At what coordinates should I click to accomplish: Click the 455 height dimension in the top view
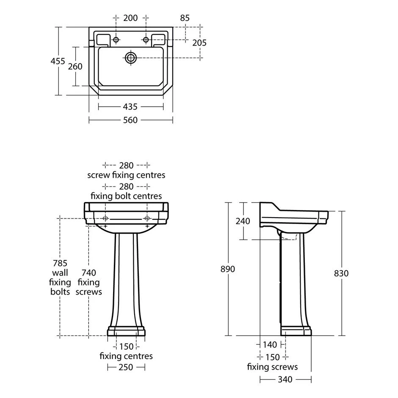pos(58,61)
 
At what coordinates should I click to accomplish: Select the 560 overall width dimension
pos(130,120)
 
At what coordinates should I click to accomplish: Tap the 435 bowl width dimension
pos(130,107)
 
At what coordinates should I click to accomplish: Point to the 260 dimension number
pos(75,66)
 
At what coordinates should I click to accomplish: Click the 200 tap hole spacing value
pos(130,18)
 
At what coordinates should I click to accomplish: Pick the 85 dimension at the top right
pos(185,18)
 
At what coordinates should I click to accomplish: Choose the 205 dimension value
pos(199,43)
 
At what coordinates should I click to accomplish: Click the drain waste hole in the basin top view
pos(131,58)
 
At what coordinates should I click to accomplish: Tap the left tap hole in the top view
pos(116,40)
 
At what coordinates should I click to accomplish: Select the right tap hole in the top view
pos(146,40)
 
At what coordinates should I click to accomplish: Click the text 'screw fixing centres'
pos(126,175)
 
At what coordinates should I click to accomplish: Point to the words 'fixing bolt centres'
pos(126,196)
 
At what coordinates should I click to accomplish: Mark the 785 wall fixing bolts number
pos(60,263)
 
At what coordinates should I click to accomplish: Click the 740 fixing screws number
pos(88,273)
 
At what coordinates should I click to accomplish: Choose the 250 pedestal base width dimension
pos(126,367)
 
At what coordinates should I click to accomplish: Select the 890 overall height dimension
pos(228,269)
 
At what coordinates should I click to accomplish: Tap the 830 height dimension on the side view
pos(341,274)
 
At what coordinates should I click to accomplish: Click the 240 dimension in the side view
pos(243,221)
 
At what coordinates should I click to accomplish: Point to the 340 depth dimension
pos(285,379)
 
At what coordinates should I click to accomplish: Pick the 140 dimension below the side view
pos(270,345)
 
